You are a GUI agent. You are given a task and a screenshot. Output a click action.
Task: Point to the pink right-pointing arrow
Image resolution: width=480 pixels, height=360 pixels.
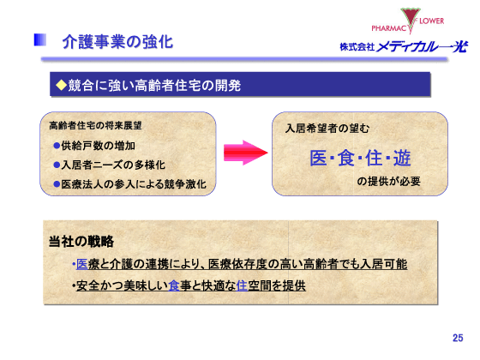point(243,152)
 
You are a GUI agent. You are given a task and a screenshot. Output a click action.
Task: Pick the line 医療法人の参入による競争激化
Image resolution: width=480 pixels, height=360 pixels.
point(129,183)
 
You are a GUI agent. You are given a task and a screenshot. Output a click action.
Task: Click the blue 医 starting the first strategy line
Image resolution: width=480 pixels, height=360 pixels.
point(82,263)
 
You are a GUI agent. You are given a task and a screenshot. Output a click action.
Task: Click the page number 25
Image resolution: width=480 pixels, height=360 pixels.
point(457,338)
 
